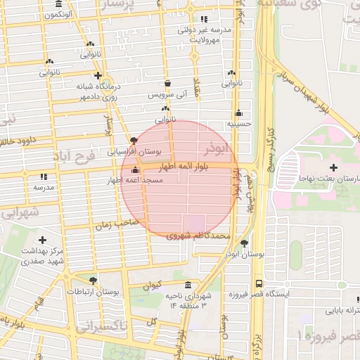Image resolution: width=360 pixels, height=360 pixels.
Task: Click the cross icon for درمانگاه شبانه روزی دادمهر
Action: (98, 75)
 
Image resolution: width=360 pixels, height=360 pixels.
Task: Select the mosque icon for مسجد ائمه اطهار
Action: (135, 170)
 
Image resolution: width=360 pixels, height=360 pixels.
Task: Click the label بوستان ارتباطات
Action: (94, 291)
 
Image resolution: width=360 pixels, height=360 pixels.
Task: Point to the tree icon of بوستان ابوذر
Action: (244, 243)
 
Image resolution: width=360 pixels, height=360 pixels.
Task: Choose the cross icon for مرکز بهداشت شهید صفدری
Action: (43, 240)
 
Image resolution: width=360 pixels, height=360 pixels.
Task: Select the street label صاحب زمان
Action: (114, 224)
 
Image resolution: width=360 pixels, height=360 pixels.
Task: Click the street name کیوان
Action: (152, 285)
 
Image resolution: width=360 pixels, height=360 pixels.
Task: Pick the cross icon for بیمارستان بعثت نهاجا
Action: (333, 167)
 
